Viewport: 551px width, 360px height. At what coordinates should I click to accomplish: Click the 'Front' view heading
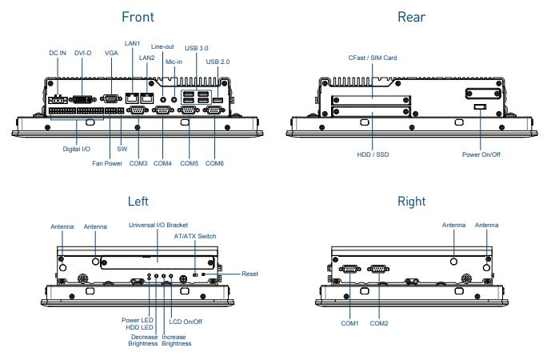click(138, 17)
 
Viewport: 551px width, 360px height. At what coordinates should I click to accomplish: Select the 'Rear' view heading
click(411, 17)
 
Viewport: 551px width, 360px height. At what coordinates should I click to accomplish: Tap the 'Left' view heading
click(138, 201)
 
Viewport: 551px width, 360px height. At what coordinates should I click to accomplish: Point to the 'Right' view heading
click(411, 201)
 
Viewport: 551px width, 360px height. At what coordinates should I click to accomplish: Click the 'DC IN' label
click(58, 53)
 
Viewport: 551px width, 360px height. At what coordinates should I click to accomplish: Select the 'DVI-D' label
click(83, 53)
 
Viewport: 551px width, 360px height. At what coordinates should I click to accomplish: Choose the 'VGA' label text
click(111, 53)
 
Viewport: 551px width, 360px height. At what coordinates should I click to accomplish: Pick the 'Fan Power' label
click(106, 163)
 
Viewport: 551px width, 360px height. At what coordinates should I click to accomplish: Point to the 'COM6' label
click(214, 163)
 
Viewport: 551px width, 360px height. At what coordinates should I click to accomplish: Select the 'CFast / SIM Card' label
click(372, 58)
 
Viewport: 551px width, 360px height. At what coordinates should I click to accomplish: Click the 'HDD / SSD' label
click(373, 154)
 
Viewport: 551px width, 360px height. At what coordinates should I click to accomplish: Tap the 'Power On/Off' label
click(481, 154)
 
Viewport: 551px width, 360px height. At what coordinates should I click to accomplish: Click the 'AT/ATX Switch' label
click(194, 236)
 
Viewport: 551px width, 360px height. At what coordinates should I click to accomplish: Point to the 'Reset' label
click(250, 274)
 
